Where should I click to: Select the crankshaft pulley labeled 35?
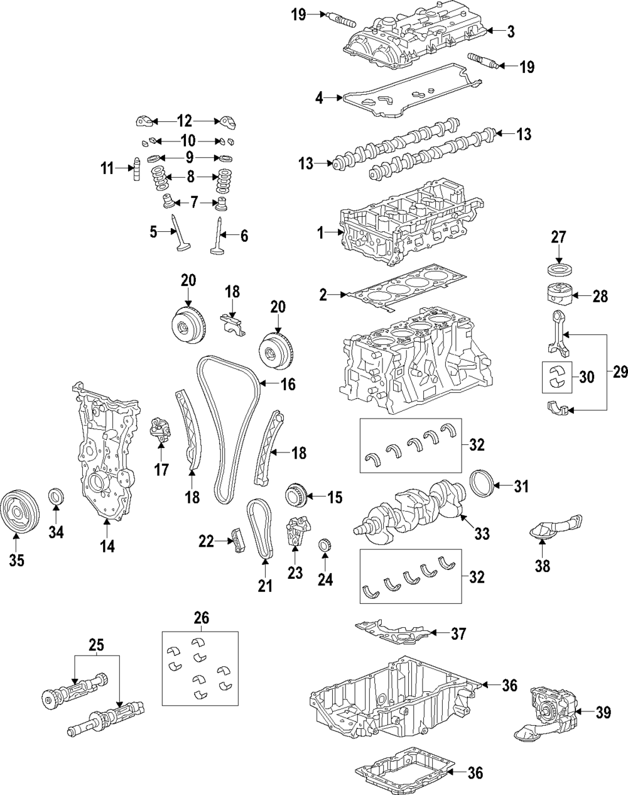tap(19, 512)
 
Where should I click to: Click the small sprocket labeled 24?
tap(325, 545)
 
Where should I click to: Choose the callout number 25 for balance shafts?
tap(96, 645)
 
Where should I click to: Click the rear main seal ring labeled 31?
tap(482, 486)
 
